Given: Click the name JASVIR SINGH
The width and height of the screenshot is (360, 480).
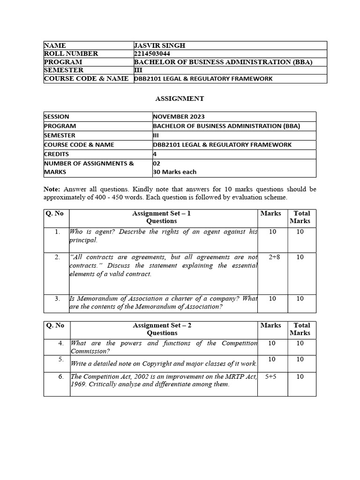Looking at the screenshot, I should click(x=159, y=45).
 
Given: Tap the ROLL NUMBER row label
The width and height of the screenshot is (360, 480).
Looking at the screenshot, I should click(x=71, y=53).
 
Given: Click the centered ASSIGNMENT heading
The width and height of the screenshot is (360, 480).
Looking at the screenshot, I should click(x=180, y=98).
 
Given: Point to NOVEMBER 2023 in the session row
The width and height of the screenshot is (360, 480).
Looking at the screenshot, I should click(x=179, y=117).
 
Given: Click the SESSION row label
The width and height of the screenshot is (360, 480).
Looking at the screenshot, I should click(x=57, y=117).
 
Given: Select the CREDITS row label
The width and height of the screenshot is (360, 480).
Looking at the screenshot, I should click(x=57, y=154).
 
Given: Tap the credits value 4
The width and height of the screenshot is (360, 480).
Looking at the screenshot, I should click(x=155, y=154).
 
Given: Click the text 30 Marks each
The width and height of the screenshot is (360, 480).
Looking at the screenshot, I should click(x=175, y=172).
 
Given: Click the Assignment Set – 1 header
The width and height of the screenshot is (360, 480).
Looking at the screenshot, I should click(x=161, y=213).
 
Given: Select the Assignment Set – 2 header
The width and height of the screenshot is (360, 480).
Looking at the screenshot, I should click(x=162, y=325).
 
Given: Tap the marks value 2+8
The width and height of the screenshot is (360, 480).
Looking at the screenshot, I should click(x=274, y=257).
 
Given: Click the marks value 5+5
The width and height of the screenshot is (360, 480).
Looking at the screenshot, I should click(x=271, y=376).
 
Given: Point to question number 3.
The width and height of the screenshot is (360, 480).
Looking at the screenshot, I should click(x=57, y=299).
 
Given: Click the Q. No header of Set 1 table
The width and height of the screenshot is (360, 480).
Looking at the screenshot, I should click(x=54, y=213).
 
